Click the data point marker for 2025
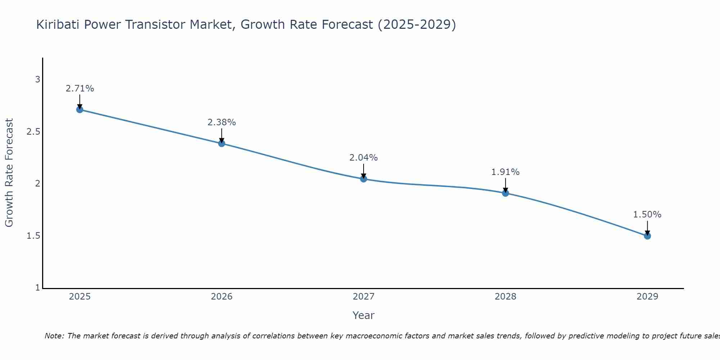click(x=80, y=109)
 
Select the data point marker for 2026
click(x=222, y=143)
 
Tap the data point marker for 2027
click(x=364, y=179)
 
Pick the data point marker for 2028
click(x=505, y=193)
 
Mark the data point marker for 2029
click(x=647, y=236)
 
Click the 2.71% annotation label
click(x=80, y=89)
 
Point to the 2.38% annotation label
click(x=222, y=122)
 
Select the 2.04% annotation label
click(x=364, y=158)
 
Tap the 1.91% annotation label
click(x=505, y=172)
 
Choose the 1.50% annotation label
click(x=647, y=215)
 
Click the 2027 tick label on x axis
click(x=364, y=297)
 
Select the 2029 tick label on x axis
click(x=647, y=297)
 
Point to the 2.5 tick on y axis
click(x=33, y=132)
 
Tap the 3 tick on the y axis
click(x=37, y=80)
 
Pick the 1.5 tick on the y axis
click(x=33, y=236)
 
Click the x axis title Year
click(x=364, y=315)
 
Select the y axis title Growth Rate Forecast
click(x=9, y=173)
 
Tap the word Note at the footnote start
click(x=54, y=336)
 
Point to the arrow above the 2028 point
click(x=505, y=185)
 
